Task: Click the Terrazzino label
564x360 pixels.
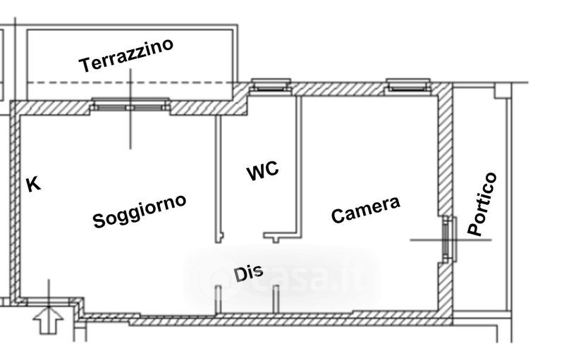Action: pyautogui.click(x=127, y=56)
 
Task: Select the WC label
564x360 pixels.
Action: pyautogui.click(x=262, y=171)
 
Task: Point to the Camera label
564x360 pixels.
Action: pyautogui.click(x=366, y=209)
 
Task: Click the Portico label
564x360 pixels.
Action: pyautogui.click(x=483, y=204)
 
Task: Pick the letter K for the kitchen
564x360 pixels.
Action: pyautogui.click(x=32, y=185)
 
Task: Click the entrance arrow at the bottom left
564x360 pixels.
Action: pyautogui.click(x=49, y=320)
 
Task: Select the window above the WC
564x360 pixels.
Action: pyautogui.click(x=269, y=87)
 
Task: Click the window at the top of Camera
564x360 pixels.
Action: pyautogui.click(x=407, y=87)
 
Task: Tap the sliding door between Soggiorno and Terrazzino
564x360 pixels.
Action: pyautogui.click(x=130, y=107)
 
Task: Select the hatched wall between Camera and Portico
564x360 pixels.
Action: pyautogui.click(x=445, y=155)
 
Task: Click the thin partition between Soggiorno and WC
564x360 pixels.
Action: pyautogui.click(x=217, y=176)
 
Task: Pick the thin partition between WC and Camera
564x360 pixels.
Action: pyautogui.click(x=301, y=162)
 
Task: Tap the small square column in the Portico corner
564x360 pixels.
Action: pyautogui.click(x=501, y=91)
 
